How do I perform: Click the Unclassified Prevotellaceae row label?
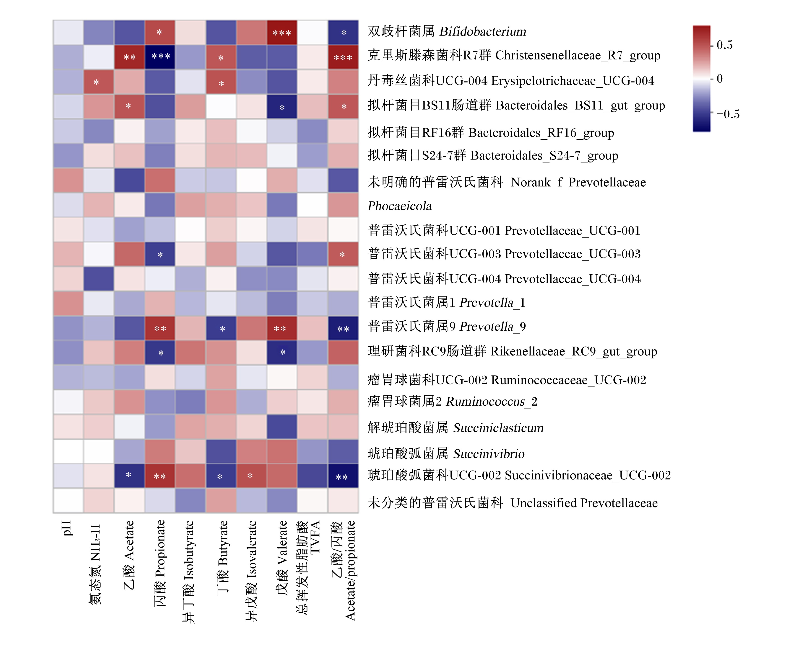tap(513, 503)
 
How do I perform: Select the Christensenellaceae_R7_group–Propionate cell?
tap(160, 57)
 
